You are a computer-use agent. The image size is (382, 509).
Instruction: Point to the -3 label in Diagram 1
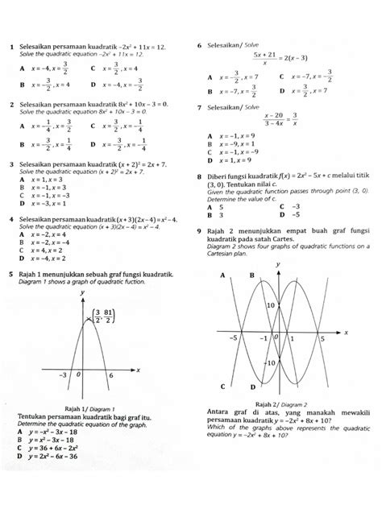pyautogui.click(x=62, y=376)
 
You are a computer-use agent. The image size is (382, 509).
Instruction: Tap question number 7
pyautogui.click(x=200, y=107)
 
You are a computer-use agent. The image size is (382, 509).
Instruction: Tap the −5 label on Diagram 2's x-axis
pyautogui.click(x=233, y=337)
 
